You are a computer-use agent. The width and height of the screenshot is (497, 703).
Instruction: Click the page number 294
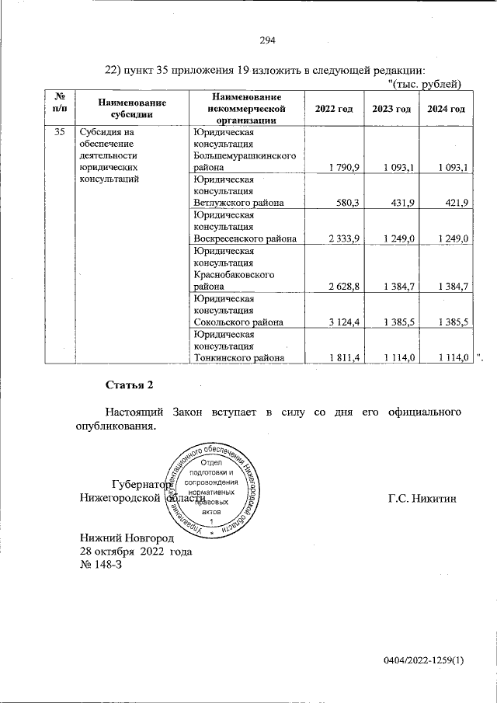coord(267,41)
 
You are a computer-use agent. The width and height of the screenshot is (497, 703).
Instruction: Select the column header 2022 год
coord(334,109)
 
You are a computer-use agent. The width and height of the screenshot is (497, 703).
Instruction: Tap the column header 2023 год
coord(391,109)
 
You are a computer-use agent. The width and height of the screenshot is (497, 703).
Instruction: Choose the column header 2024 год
coord(447,109)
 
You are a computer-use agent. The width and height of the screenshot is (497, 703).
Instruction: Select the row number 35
coord(59,132)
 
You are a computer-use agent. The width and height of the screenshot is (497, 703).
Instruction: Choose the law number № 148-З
coord(101,565)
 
